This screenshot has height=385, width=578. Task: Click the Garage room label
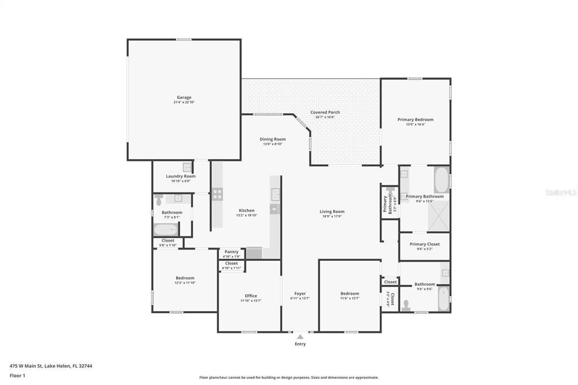point(184,97)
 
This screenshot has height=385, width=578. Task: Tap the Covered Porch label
point(325,112)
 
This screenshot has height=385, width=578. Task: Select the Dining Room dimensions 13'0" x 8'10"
point(273,144)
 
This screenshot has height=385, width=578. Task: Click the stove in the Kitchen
point(217,194)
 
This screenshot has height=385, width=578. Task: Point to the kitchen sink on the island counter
point(275,195)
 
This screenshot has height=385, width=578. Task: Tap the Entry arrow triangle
point(300,337)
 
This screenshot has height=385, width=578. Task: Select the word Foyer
point(300,294)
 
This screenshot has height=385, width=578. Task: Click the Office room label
point(251,296)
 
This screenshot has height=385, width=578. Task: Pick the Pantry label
point(231,252)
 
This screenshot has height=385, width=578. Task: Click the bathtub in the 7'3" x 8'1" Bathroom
point(167,230)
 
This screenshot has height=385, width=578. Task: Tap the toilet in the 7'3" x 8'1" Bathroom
point(159,200)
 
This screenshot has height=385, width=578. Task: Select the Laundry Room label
point(181,176)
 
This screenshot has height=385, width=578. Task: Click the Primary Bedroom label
point(415,120)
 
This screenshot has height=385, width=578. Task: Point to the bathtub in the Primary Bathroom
point(441,180)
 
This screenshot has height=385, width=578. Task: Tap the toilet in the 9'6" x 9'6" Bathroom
point(407,305)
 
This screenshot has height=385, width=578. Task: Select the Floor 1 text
point(17,375)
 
